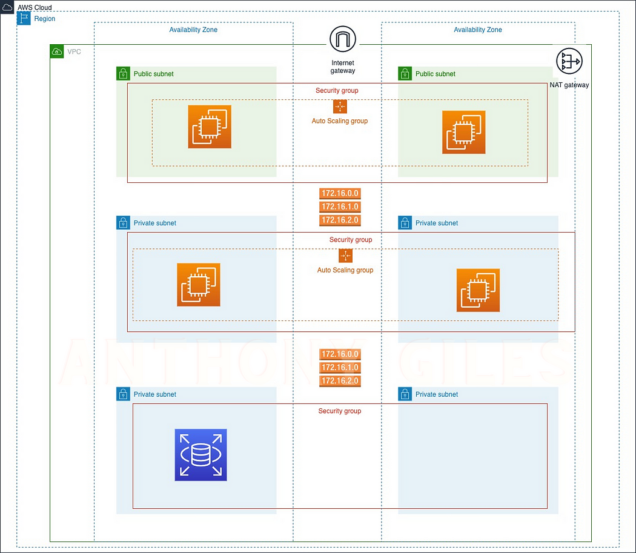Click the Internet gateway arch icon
tap(343, 40)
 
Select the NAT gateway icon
tap(568, 62)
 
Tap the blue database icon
tap(200, 455)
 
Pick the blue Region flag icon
tap(24, 19)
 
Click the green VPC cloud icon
tap(57, 51)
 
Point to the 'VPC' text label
tap(74, 52)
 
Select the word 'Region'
tap(44, 19)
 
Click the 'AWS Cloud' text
tap(35, 8)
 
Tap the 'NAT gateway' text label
tap(569, 85)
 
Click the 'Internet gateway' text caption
tap(343, 67)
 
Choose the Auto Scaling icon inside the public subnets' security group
tap(340, 107)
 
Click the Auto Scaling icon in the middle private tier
tap(345, 256)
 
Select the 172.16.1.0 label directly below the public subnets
tap(340, 207)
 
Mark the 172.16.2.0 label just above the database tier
tap(340, 381)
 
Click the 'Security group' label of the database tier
tap(339, 411)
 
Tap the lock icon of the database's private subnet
tap(123, 394)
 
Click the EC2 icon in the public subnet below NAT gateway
tap(463, 132)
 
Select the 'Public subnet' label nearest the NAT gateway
tap(435, 74)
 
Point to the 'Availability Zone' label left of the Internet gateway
tap(193, 30)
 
